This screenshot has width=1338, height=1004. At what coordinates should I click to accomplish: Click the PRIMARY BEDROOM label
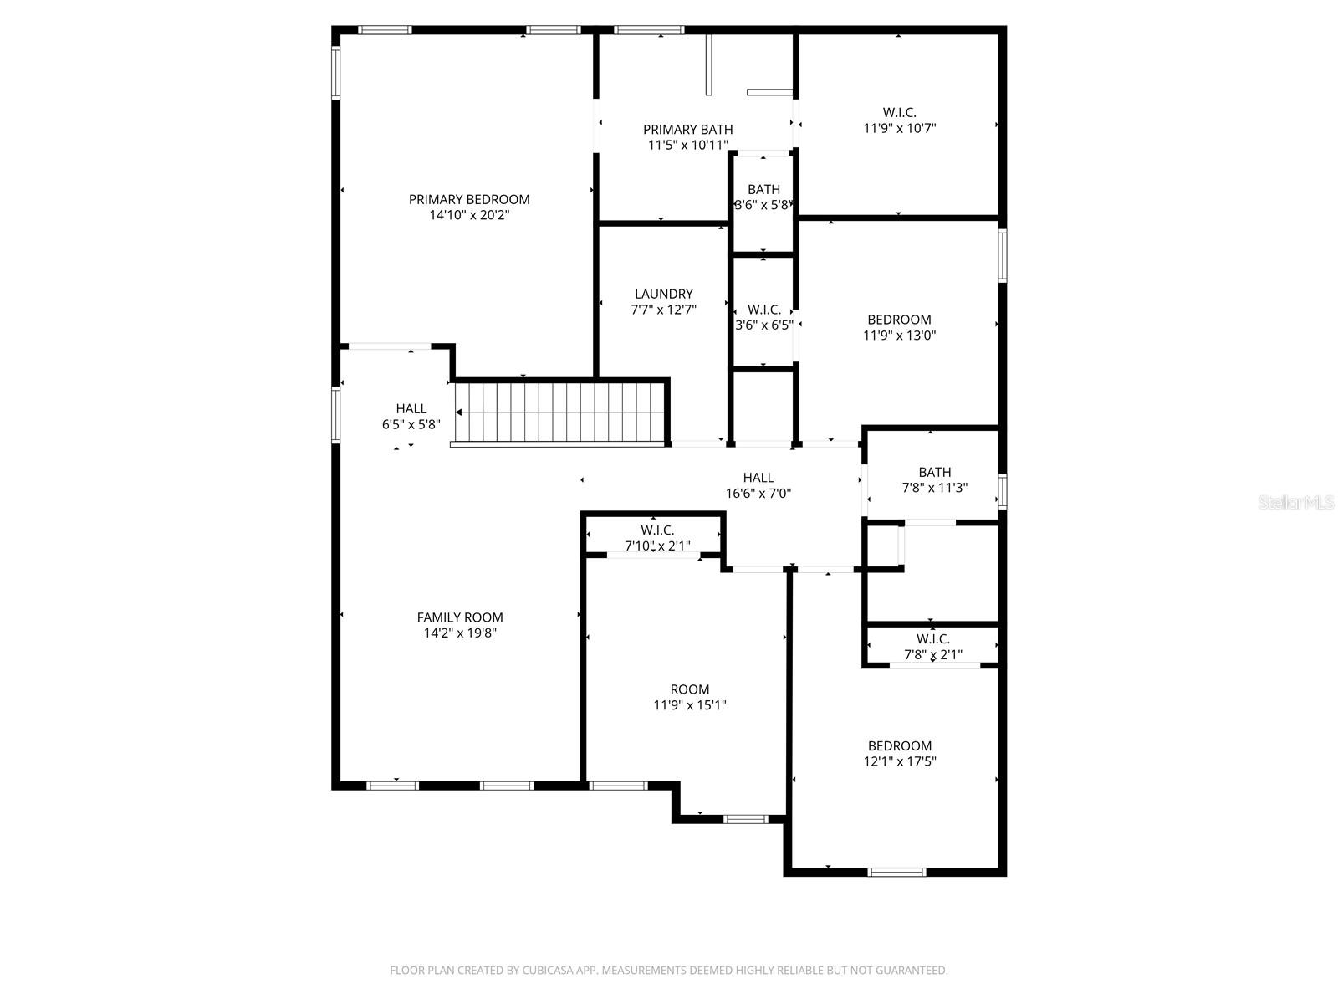(x=469, y=199)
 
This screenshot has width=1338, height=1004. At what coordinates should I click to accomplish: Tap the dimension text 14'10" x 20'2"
(x=469, y=215)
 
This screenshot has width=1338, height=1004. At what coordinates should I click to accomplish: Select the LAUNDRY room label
(x=663, y=294)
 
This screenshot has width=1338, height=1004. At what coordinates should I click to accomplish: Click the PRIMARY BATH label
(x=687, y=129)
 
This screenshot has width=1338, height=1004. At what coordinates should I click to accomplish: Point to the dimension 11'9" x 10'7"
(x=899, y=128)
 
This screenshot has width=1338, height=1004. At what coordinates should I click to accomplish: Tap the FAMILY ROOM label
(x=460, y=617)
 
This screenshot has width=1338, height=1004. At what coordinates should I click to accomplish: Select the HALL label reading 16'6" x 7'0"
(x=758, y=486)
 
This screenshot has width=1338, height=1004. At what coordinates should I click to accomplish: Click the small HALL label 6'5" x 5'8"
(x=411, y=417)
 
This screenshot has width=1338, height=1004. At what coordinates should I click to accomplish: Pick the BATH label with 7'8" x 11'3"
(x=934, y=479)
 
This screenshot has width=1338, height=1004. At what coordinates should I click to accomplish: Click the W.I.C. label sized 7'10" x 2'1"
(x=657, y=538)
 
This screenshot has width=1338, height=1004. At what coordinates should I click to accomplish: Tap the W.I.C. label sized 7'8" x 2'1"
(x=932, y=647)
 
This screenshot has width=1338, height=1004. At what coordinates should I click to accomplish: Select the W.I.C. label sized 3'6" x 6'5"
(x=763, y=317)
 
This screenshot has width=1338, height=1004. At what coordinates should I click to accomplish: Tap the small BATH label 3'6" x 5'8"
(x=763, y=197)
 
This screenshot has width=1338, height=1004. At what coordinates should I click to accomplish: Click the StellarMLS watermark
(x=1297, y=503)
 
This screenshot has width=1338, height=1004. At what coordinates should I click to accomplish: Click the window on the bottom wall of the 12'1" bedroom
(x=896, y=872)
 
